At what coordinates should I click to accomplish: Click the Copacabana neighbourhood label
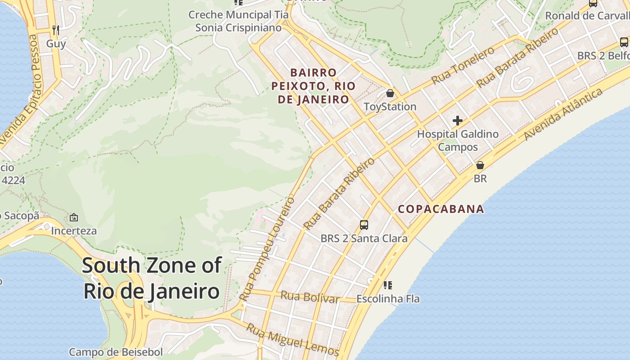tap(441, 209)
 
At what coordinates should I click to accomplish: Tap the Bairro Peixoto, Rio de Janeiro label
tap(313, 86)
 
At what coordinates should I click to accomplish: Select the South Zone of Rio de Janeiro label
tap(152, 278)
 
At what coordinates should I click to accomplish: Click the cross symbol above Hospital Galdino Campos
tap(458, 121)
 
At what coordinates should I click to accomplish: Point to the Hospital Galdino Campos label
tap(458, 140)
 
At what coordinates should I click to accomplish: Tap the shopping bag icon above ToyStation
tap(390, 94)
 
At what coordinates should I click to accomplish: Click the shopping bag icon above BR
tap(480, 165)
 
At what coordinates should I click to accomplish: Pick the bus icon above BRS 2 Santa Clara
tap(364, 225)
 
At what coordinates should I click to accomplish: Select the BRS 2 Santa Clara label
tap(364, 238)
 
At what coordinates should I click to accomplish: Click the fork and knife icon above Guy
tap(56, 30)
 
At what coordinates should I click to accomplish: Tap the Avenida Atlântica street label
tap(563, 114)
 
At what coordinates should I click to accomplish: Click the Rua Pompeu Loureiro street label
tap(267, 249)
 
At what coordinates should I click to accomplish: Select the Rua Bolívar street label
tap(310, 297)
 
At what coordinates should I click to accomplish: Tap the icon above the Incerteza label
tap(74, 218)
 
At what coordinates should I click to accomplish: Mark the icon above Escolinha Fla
tap(388, 285)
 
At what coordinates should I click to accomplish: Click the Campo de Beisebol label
tap(116, 352)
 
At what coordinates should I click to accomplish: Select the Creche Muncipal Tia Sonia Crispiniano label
tap(238, 21)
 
